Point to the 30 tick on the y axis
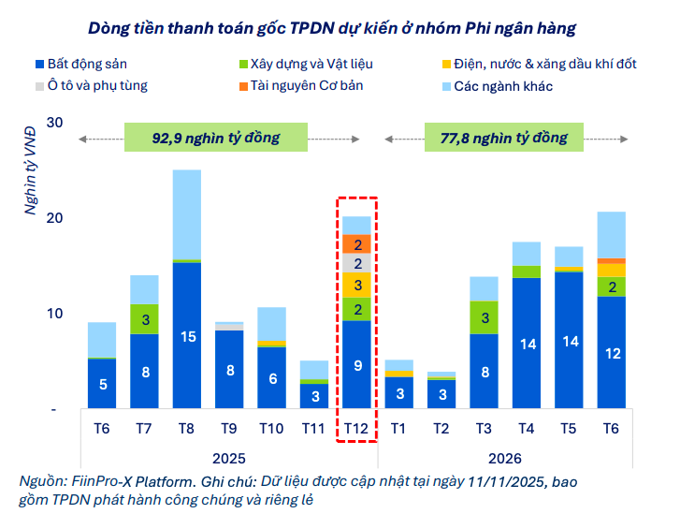coord(53,123)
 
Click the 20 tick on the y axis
coord(53,218)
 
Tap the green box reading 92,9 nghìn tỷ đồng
coord(216,138)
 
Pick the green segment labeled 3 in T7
coord(144,319)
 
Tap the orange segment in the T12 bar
coord(356,243)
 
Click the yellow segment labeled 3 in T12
coord(356,285)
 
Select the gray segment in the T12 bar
coord(356,263)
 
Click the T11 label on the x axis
coord(313,429)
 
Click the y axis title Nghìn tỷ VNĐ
coord(31,171)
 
